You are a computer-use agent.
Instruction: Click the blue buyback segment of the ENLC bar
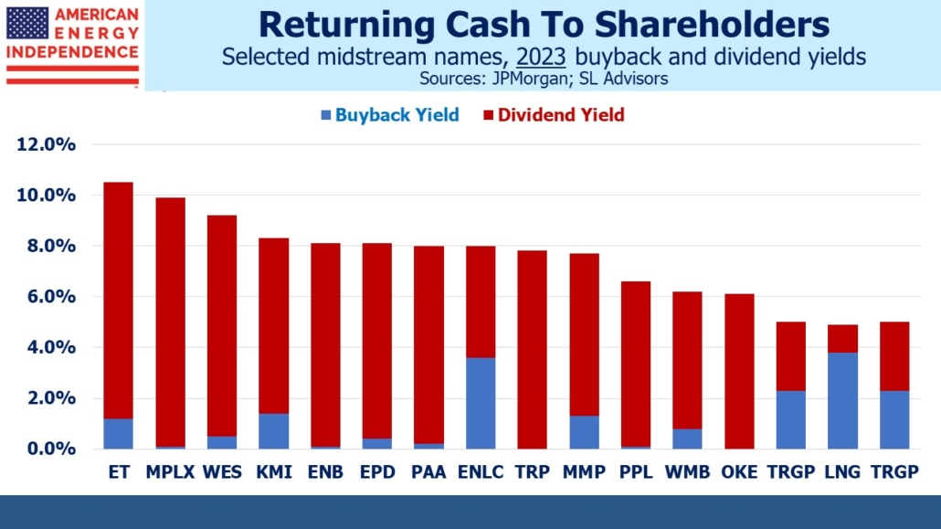(x=481, y=403)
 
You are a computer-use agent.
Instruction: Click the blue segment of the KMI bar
(x=273, y=430)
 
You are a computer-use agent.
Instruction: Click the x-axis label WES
(x=221, y=471)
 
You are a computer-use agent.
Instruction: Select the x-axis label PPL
(x=636, y=471)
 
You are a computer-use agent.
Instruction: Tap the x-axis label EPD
(x=376, y=471)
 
